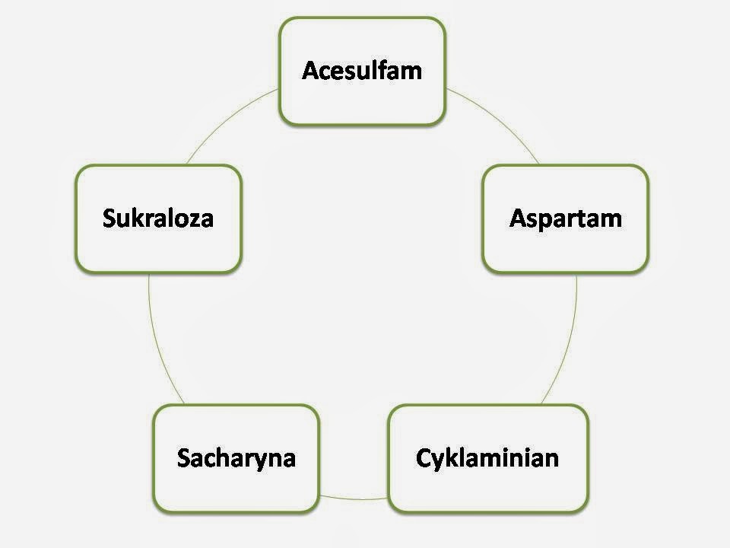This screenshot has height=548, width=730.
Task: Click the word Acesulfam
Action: point(362,71)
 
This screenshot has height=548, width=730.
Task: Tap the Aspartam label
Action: point(566,218)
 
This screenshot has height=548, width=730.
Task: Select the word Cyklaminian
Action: point(487,458)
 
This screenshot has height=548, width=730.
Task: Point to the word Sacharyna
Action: point(236,458)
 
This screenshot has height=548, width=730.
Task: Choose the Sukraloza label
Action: point(158,218)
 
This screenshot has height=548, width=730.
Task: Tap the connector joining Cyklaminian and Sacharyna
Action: point(354,499)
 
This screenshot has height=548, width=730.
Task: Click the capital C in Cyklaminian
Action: point(424,458)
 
